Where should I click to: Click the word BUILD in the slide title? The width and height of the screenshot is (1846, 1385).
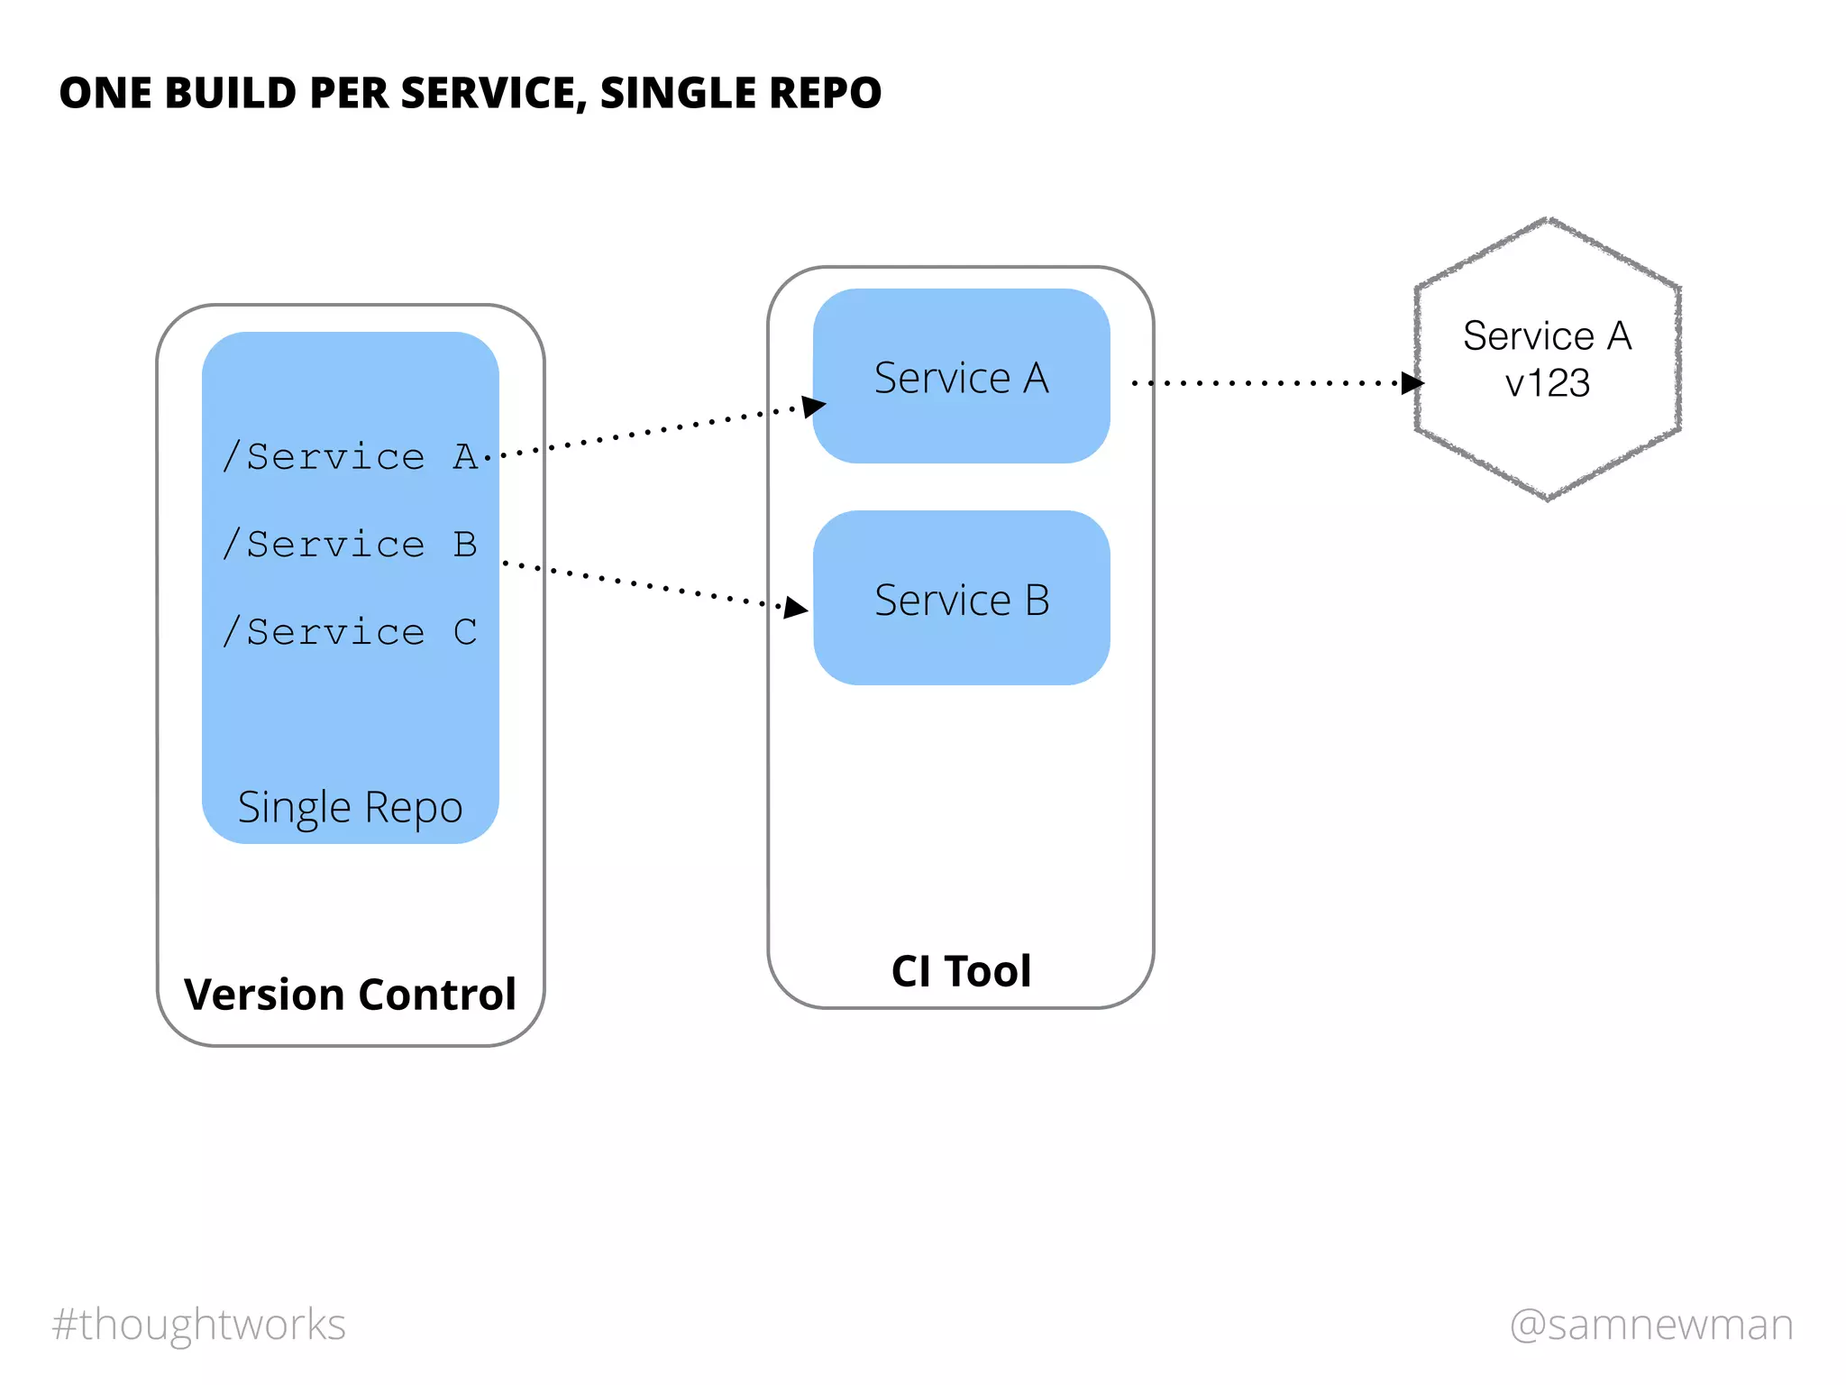[x=230, y=93]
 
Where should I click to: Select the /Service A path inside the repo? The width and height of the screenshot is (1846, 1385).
[x=350, y=457]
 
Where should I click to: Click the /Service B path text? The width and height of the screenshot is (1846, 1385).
[x=350, y=545]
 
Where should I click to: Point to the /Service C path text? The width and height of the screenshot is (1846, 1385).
[x=350, y=632]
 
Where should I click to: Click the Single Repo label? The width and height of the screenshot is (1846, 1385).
[x=350, y=807]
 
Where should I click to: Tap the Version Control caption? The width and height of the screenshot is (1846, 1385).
[x=350, y=995]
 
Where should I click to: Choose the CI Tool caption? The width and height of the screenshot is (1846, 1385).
[x=961, y=971]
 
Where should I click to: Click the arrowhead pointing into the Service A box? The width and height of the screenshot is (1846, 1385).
[x=813, y=406]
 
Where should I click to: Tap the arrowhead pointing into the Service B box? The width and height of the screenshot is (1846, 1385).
[x=795, y=608]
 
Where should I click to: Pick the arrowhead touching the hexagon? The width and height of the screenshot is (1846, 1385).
[x=1412, y=383]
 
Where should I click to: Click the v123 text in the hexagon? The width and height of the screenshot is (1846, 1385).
[x=1547, y=384]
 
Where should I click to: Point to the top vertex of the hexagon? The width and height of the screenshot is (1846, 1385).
[x=1549, y=219]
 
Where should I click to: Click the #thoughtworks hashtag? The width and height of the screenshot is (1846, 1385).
[x=199, y=1325]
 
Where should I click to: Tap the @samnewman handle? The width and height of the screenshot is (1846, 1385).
[x=1651, y=1325]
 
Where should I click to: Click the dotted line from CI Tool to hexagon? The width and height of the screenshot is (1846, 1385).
[x=1262, y=383]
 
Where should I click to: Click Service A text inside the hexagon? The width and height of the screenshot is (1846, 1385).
[x=1547, y=336]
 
